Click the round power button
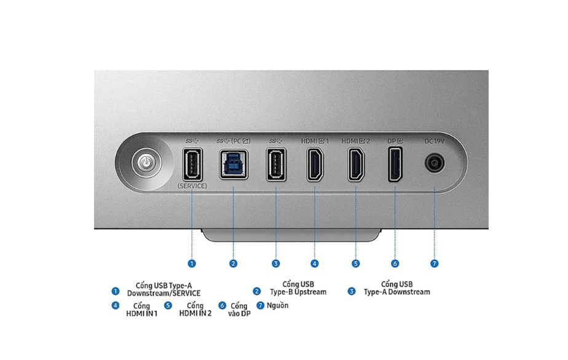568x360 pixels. pyautogui.click(x=146, y=163)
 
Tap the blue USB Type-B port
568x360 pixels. pyautogui.click(x=234, y=165)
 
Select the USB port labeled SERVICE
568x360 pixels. pyautogui.click(x=192, y=165)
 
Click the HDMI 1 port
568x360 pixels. pyautogui.click(x=315, y=165)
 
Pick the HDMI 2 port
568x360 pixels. pyautogui.click(x=356, y=165)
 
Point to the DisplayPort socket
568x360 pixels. pyautogui.click(x=395, y=164)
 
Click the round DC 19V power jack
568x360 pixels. pyautogui.click(x=435, y=163)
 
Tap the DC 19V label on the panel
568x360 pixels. pyautogui.click(x=435, y=141)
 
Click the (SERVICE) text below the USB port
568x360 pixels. pyautogui.click(x=192, y=186)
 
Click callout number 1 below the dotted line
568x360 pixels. pyautogui.click(x=192, y=264)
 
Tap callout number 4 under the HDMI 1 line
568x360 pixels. pyautogui.click(x=315, y=264)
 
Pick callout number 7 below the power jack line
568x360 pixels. pyautogui.click(x=435, y=264)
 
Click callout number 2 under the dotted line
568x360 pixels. pyautogui.click(x=233, y=264)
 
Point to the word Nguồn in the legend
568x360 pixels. pyautogui.click(x=277, y=305)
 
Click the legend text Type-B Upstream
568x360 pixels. pyautogui.click(x=298, y=292)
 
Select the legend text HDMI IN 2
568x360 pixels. pyautogui.click(x=195, y=313)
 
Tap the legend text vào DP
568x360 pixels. pyautogui.click(x=239, y=314)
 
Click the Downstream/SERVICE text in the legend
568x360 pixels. pyautogui.click(x=164, y=293)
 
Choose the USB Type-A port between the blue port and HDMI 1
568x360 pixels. pyautogui.click(x=276, y=165)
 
